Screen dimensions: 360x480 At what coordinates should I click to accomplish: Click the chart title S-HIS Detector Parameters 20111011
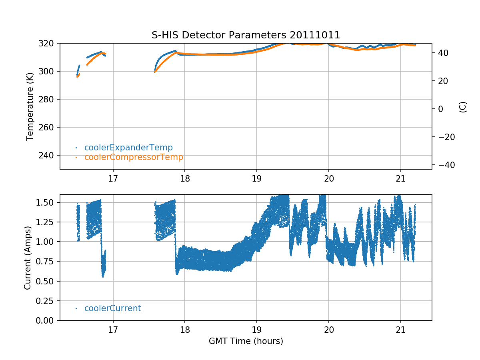point(246,35)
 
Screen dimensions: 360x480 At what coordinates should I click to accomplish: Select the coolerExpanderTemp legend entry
point(128,148)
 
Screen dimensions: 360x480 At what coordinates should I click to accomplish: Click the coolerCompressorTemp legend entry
point(134,157)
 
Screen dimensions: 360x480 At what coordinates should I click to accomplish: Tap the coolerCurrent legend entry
point(112,308)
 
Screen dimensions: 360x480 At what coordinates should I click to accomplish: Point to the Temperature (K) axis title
point(30,106)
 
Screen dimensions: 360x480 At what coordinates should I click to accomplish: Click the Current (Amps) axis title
point(28,257)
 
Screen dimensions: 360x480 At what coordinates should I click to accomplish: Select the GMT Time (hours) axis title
point(246,341)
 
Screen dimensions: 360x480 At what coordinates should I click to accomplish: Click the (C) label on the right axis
point(463,107)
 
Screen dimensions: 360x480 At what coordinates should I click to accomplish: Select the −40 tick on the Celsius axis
point(444,165)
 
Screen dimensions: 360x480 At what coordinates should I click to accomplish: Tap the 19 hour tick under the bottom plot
point(257,329)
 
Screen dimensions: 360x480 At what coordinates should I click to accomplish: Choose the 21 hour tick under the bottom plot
point(400,329)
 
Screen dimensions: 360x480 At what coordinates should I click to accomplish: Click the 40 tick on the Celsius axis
point(442,53)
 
